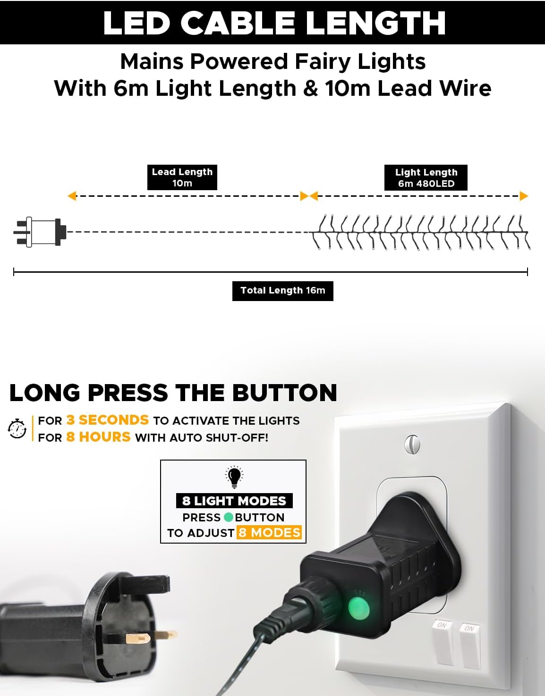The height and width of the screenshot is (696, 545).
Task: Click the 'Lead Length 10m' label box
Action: tap(182, 177)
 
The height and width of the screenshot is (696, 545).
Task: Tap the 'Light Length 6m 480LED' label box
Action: tap(426, 178)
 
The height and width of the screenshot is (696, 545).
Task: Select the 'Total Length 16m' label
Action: tap(283, 291)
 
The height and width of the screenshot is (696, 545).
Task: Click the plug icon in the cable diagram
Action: tap(40, 232)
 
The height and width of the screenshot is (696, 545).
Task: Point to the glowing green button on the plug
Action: tap(359, 608)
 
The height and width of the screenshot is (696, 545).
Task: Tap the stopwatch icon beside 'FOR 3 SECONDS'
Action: tap(17, 428)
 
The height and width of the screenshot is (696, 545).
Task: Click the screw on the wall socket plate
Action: tap(412, 444)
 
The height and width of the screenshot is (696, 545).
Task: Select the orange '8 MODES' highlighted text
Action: tap(269, 533)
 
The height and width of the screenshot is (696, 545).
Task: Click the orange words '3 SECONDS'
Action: tap(108, 420)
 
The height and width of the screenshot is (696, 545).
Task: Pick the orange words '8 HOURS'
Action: tap(98, 437)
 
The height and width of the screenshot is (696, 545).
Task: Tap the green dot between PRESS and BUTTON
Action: tap(229, 517)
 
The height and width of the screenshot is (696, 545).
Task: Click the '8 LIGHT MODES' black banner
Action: tap(234, 501)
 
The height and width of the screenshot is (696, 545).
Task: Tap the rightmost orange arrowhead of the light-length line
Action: tap(524, 196)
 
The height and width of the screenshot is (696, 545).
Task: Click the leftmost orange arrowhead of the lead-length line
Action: tap(72, 196)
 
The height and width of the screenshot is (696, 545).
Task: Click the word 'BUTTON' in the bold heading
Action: tap(285, 393)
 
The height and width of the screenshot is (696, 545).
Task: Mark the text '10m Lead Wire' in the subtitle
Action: tap(408, 88)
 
